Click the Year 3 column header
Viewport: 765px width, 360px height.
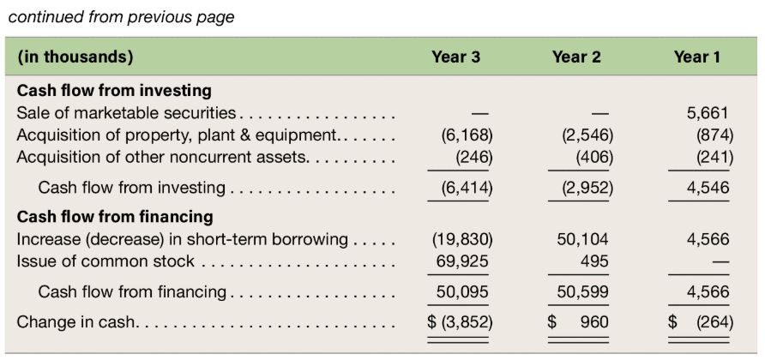click(455, 57)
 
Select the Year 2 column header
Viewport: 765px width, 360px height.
click(576, 57)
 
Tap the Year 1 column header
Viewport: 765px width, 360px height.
click(697, 57)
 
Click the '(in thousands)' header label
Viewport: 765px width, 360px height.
click(75, 57)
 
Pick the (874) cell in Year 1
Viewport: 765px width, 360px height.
click(714, 135)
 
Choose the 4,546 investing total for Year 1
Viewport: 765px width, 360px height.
click(708, 188)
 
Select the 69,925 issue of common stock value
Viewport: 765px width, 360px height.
click(462, 261)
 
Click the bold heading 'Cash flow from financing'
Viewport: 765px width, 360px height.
click(115, 217)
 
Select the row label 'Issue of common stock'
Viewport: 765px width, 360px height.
click(105, 261)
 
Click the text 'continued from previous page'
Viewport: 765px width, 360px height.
click(121, 17)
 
